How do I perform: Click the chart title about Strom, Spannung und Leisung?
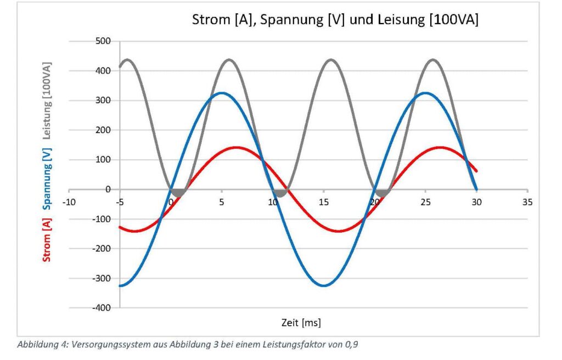click(x=335, y=20)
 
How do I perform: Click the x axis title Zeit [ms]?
click(x=298, y=322)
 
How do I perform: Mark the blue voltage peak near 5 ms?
click(x=222, y=93)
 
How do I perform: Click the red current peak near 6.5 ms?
click(x=237, y=147)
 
